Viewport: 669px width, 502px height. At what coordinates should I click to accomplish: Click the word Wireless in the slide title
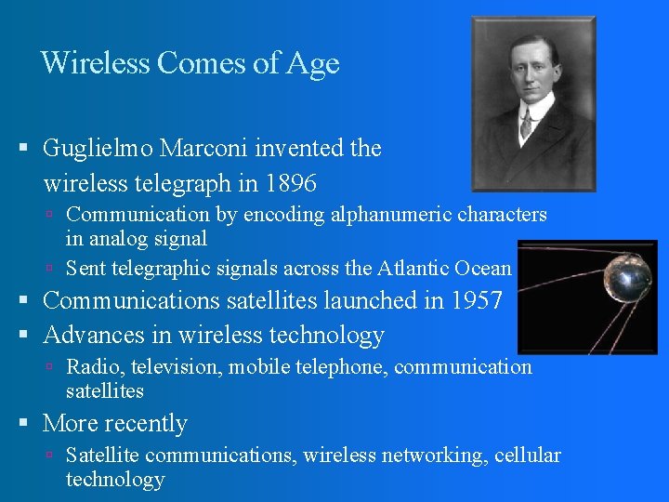pos(95,63)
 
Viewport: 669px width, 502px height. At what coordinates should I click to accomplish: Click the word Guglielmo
pos(98,148)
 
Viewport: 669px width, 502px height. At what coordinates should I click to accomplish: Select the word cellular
pos(527,455)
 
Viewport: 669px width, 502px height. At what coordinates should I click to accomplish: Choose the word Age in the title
pos(313,63)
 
